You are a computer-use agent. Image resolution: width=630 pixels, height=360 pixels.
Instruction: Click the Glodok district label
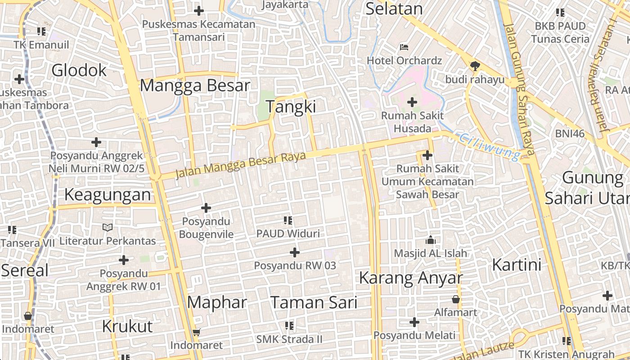click(x=79, y=70)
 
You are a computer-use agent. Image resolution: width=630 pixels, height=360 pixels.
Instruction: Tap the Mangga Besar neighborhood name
click(x=195, y=85)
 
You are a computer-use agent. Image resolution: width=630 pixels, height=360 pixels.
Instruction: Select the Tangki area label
click(x=291, y=107)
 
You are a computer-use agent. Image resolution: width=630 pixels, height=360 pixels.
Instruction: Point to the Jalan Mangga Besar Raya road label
click(x=240, y=165)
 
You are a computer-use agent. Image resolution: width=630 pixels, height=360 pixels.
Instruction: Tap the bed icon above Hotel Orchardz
click(x=404, y=47)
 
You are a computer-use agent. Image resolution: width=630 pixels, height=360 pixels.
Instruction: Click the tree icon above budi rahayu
click(x=475, y=66)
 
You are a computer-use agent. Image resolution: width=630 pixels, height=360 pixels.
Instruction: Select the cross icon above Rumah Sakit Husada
click(x=412, y=102)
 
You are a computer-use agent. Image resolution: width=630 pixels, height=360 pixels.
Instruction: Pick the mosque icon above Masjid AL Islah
click(x=431, y=240)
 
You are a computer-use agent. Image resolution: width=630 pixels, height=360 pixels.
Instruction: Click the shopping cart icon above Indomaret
click(x=196, y=333)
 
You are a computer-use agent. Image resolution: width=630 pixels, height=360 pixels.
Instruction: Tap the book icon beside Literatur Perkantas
click(x=107, y=228)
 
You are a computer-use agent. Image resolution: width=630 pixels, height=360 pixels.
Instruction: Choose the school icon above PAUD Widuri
click(x=288, y=220)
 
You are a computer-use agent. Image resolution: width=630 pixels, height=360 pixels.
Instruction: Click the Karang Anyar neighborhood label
click(x=410, y=278)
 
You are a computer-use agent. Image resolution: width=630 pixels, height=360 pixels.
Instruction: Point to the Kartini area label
click(x=517, y=265)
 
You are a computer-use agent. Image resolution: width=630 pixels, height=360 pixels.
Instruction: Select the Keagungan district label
click(x=108, y=195)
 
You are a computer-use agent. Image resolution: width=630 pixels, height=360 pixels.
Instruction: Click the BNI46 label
click(x=570, y=133)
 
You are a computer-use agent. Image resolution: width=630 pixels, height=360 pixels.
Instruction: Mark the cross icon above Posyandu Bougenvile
click(x=206, y=208)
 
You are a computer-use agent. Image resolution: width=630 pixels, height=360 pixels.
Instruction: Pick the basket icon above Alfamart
click(x=456, y=299)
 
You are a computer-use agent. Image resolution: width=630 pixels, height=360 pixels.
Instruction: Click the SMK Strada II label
click(x=289, y=339)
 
